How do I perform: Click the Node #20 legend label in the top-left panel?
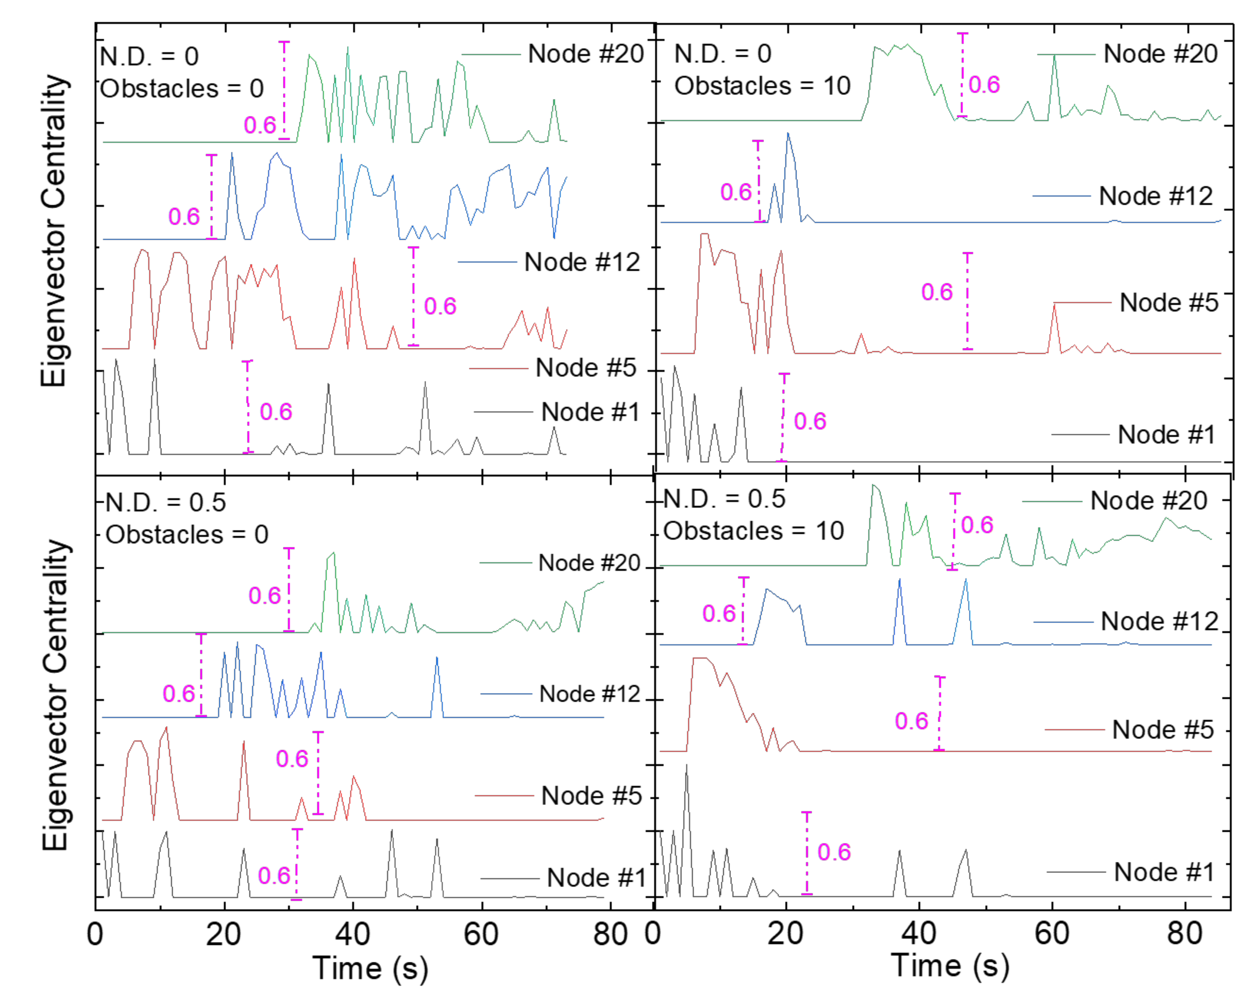point(585,54)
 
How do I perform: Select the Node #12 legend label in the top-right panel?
point(1155,196)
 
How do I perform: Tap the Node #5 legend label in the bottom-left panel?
point(591,795)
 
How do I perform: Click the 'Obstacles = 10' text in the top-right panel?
point(762,86)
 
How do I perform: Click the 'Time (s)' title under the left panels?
point(370,968)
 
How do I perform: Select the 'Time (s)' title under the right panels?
point(950,966)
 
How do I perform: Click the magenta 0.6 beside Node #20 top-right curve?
point(984,85)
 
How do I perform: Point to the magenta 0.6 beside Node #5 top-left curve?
point(440,306)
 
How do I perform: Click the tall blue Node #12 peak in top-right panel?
point(788,135)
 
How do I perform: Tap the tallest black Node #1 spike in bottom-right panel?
point(686,767)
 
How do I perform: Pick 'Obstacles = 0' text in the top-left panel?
point(182,89)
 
